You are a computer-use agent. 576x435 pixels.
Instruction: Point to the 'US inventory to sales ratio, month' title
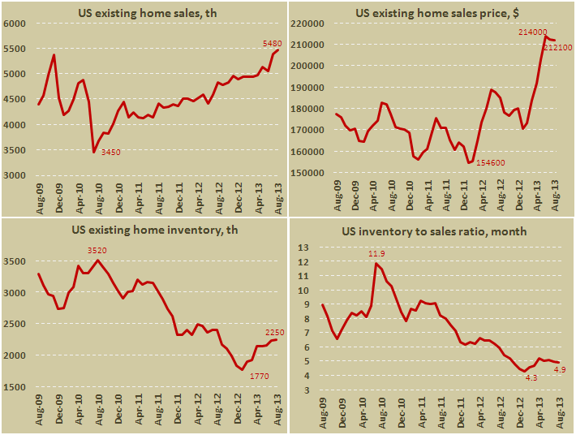click(x=434, y=231)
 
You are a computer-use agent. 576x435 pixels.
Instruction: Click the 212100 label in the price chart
click(x=558, y=48)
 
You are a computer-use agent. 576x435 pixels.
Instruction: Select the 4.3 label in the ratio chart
click(x=531, y=378)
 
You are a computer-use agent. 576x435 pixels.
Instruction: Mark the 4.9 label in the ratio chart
click(x=560, y=370)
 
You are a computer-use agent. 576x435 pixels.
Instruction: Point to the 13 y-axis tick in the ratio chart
click(x=310, y=248)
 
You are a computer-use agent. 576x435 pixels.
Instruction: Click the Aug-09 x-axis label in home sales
click(x=37, y=198)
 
